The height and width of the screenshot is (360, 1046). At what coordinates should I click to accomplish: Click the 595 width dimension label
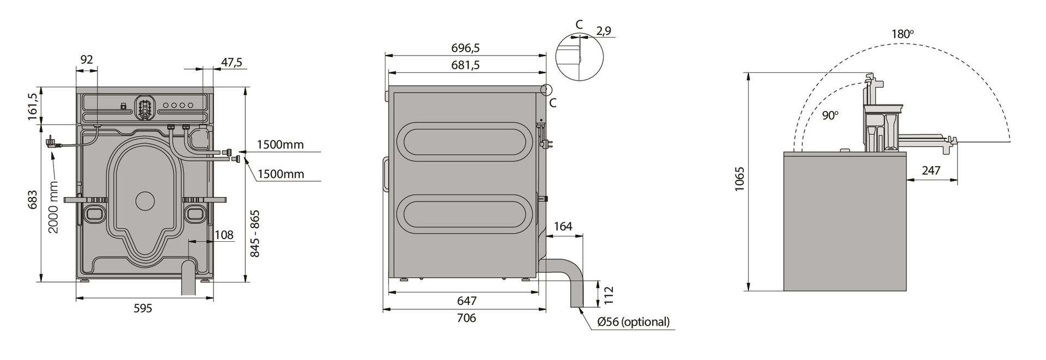[143, 308]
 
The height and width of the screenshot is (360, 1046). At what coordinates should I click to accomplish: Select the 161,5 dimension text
[33, 106]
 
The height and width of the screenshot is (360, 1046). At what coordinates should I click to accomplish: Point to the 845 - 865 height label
[255, 234]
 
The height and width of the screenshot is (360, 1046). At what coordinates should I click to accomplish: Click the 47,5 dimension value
[232, 62]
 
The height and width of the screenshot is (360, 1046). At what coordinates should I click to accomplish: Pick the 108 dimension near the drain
[224, 235]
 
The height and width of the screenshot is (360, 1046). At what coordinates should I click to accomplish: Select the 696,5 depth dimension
[465, 48]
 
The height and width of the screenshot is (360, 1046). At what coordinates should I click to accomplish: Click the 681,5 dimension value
[465, 65]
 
